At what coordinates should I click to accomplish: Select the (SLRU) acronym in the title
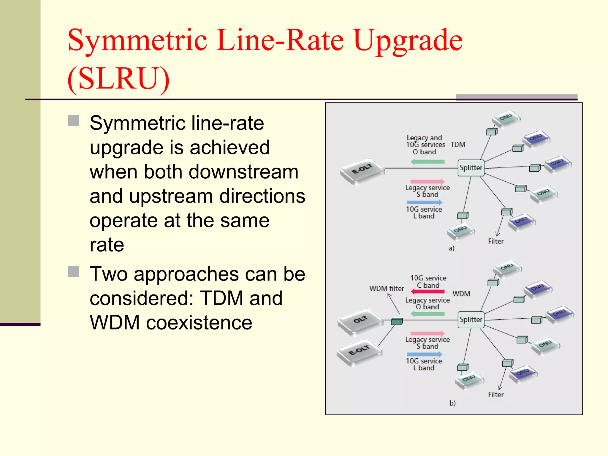[118, 78]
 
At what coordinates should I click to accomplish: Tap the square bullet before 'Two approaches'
[73, 271]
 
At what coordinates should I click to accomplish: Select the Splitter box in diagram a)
[471, 168]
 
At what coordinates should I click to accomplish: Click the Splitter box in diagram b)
[471, 320]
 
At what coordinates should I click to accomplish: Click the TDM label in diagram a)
[458, 145]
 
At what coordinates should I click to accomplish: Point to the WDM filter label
[386, 289]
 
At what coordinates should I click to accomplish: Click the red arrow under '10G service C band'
[428, 292]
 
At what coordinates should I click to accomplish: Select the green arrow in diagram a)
[428, 162]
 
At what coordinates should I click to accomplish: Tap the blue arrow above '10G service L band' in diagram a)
[425, 202]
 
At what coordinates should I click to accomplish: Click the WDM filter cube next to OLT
[397, 321]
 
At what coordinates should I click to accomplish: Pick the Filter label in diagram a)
[495, 241]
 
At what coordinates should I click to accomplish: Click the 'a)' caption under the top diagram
[451, 248]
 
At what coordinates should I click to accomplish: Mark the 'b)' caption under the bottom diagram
[452, 403]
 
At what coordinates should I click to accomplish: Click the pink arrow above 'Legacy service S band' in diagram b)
[427, 333]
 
